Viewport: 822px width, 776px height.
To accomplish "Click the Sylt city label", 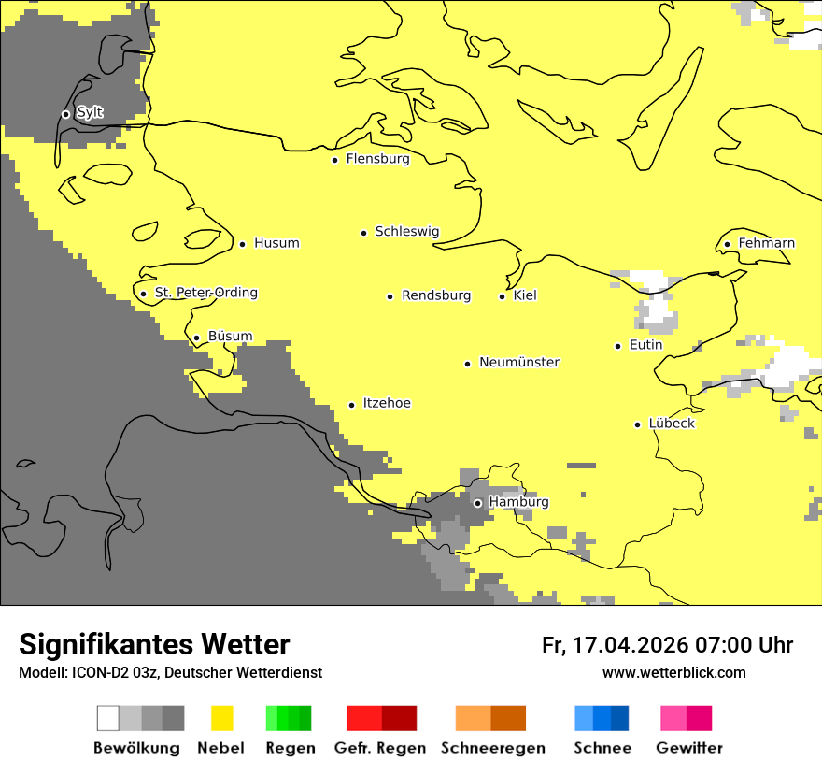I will (x=90, y=113).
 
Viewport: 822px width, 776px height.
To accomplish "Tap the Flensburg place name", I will (x=377, y=159).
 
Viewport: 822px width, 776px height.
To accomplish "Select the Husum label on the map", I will (x=276, y=243).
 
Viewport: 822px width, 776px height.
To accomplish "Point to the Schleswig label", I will (x=406, y=232).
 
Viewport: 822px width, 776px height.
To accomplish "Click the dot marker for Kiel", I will (x=503, y=296).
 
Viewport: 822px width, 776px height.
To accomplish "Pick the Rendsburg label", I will (x=435, y=295).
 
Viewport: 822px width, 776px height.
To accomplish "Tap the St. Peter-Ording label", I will (x=205, y=293).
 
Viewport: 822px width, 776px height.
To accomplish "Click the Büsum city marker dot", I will (x=197, y=338).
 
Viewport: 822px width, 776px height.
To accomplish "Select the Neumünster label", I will (x=518, y=362).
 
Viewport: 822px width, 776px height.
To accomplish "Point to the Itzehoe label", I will (x=386, y=403).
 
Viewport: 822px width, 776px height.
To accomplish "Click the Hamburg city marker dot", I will (x=477, y=503).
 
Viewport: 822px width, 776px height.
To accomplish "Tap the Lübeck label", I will (x=671, y=424).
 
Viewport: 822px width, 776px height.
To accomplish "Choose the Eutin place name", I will (x=645, y=345).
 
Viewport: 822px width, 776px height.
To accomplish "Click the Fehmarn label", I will (x=766, y=243).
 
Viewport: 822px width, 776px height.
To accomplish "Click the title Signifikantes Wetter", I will (x=154, y=644).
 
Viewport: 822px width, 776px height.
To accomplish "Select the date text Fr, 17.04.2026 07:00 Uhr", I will (x=667, y=645).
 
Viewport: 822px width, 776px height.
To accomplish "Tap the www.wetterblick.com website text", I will (x=673, y=673).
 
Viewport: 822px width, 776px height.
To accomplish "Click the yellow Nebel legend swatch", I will (x=222, y=718).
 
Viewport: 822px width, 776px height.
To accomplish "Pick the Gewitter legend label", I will (x=688, y=748).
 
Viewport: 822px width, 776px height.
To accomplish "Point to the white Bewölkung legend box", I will (x=108, y=718).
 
